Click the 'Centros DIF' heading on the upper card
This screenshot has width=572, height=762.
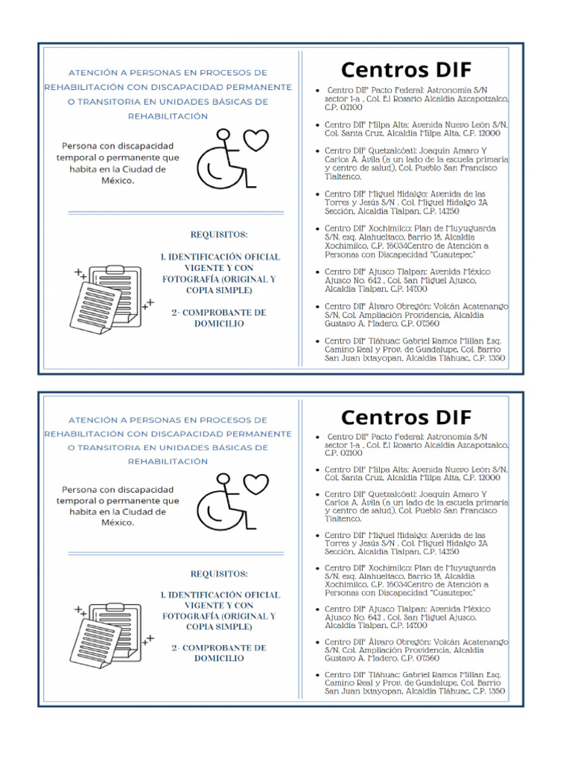point(406,70)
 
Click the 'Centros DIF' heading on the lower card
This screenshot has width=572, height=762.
point(406,416)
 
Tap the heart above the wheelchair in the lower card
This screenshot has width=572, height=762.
point(256,484)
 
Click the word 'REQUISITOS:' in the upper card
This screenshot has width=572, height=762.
point(218,234)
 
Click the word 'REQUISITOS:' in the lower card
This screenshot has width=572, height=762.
point(218,574)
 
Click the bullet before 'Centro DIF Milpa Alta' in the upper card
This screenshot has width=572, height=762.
point(318,126)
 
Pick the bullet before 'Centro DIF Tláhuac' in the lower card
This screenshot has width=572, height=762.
point(318,675)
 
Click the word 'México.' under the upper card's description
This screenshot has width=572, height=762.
point(118,181)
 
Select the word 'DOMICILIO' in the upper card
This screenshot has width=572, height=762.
point(219,324)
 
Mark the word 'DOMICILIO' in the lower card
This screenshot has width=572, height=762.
point(219,659)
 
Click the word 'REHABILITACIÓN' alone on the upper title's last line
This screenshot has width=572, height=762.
point(168,116)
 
